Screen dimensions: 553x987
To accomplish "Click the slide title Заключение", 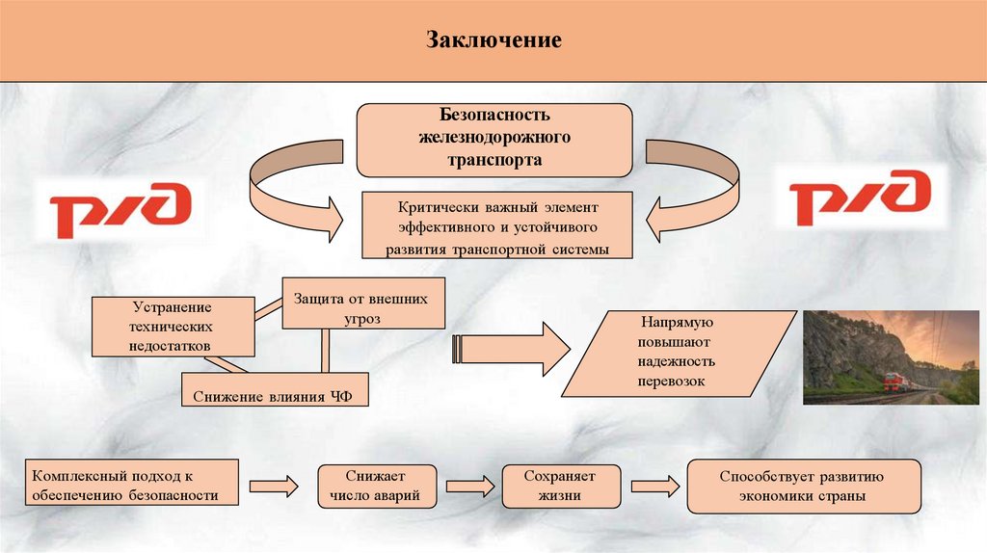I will [493, 41].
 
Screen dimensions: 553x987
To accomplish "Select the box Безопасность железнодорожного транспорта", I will [494, 141].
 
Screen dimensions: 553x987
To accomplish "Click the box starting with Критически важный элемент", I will [498, 224].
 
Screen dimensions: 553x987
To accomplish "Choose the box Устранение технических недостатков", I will [173, 326].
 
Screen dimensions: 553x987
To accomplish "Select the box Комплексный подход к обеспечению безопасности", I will [131, 486].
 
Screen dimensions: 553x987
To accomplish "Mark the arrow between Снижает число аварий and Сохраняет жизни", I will [467, 486].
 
